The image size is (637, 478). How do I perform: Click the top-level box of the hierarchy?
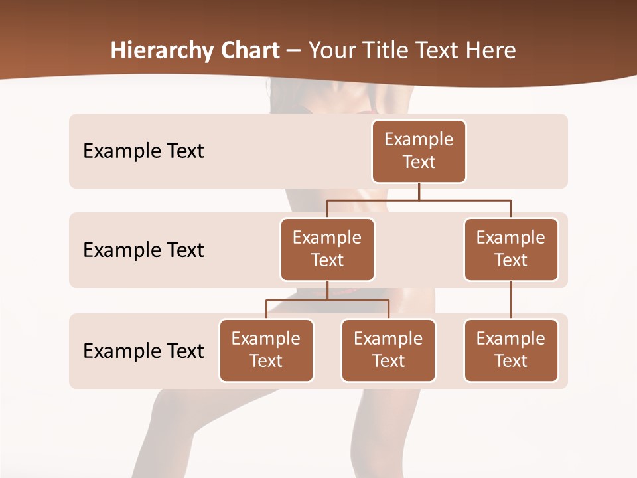pos(419,151)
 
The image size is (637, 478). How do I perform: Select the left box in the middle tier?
pos(327,249)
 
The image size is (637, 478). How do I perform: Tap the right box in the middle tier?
pos(511,249)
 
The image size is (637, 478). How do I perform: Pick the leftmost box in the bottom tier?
pos(266,350)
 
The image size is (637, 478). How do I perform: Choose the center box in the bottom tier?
pos(388,350)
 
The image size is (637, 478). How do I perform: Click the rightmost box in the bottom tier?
pos(511,350)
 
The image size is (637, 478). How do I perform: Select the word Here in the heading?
pos(491,50)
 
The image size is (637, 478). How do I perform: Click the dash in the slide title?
pos(294,51)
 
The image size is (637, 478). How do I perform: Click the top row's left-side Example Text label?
pos(143,151)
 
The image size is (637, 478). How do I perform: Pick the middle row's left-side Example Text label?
pos(143,250)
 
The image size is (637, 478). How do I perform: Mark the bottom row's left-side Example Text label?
pos(143,351)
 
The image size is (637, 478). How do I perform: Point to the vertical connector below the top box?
pos(419,191)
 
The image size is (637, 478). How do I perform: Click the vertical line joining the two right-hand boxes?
pos(511,299)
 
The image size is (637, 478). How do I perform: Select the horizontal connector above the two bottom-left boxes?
pos(327,300)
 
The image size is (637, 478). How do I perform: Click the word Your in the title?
pos(332,50)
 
